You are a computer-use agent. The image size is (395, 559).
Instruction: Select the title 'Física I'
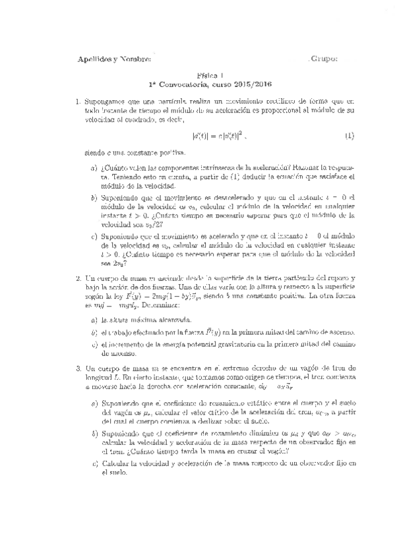[x=210, y=76]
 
